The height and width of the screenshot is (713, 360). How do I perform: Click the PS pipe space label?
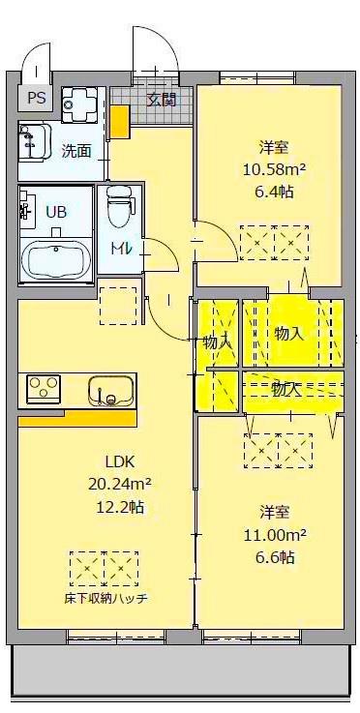(36, 97)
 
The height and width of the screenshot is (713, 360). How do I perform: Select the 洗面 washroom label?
(76, 150)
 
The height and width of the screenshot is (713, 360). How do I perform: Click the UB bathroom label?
(57, 212)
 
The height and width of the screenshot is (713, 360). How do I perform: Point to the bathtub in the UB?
(56, 260)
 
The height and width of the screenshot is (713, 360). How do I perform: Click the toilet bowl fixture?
(120, 206)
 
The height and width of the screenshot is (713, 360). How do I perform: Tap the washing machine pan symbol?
(79, 102)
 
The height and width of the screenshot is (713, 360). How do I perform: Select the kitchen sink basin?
(109, 391)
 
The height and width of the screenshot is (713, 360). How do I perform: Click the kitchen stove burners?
(44, 389)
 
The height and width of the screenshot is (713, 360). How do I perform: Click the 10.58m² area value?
(273, 169)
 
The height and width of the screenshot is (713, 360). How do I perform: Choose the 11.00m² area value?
(274, 533)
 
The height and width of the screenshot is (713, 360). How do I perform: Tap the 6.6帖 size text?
(275, 556)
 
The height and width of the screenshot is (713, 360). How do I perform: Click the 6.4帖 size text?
(273, 192)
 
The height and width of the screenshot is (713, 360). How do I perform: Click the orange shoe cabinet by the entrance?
(120, 122)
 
